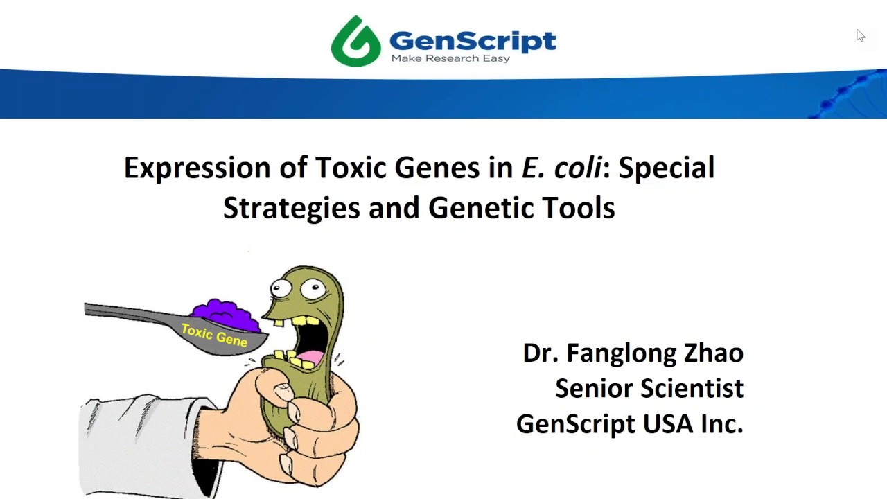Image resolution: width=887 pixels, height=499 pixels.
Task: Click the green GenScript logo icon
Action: [x=355, y=41]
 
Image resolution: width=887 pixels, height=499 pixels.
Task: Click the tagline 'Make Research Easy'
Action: [x=450, y=58]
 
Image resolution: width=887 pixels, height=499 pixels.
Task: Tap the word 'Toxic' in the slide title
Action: [x=351, y=168]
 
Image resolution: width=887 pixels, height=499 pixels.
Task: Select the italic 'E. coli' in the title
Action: [x=561, y=168]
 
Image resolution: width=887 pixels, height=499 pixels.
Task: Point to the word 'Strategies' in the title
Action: [x=291, y=207]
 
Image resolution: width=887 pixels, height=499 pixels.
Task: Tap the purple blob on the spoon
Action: [x=223, y=315]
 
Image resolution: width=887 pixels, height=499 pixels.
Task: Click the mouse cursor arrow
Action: [x=860, y=35]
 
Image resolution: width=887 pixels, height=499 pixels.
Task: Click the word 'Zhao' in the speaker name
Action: [x=714, y=353]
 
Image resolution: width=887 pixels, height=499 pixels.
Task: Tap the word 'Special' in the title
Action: [x=666, y=168]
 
